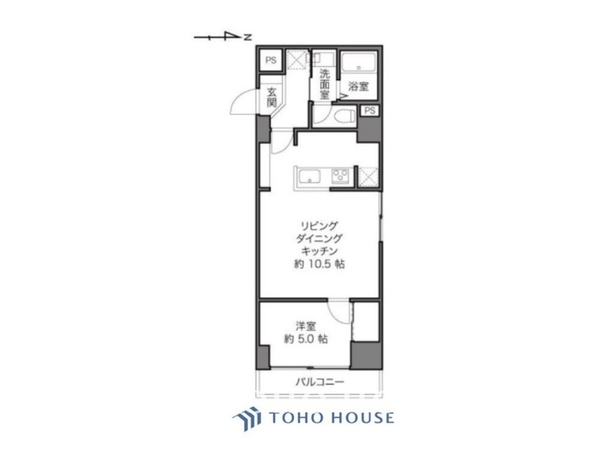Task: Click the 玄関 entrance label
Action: pos(272,97)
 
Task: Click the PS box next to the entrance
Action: pos(271,60)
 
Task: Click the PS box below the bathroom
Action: pos(369,111)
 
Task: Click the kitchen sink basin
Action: pos(310,175)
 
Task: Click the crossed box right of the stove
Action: pos(367,175)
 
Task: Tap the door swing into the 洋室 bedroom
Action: pos(342,312)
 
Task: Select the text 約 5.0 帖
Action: pos(304,340)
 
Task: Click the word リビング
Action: pos(319,226)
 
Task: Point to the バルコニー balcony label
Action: pos(319,381)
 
